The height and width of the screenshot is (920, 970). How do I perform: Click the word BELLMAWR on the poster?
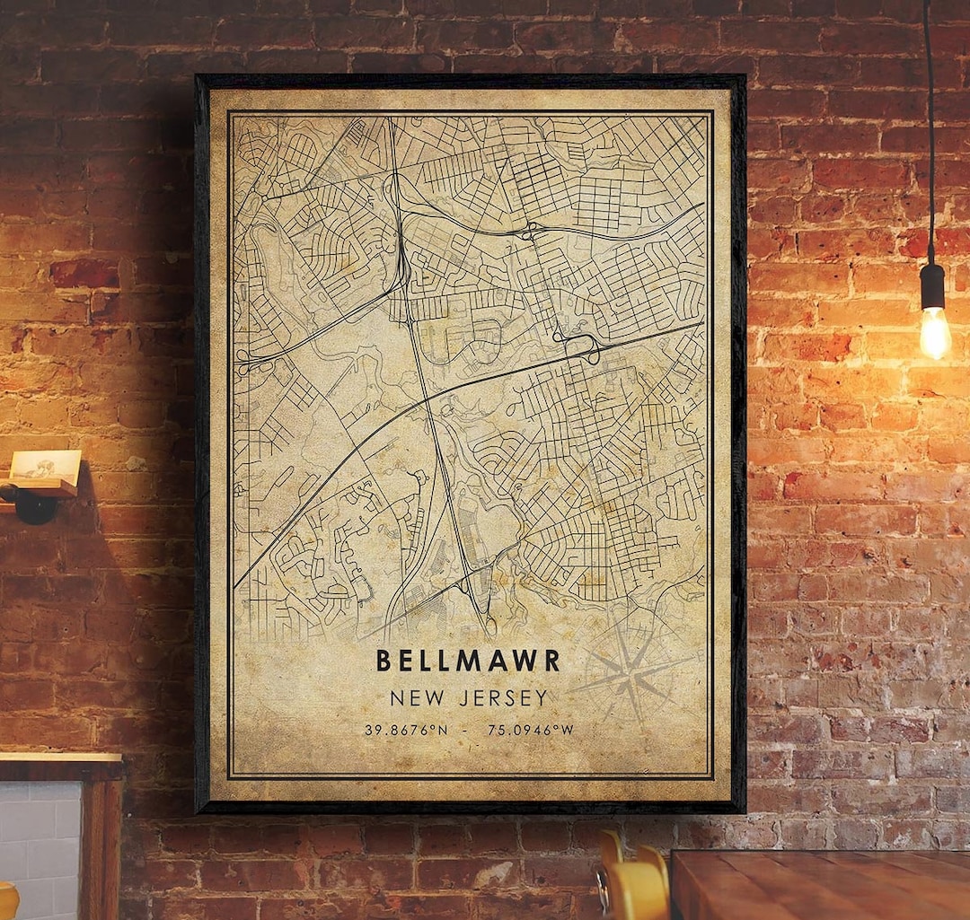click(468, 661)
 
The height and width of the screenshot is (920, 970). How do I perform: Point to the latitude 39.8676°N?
click(406, 730)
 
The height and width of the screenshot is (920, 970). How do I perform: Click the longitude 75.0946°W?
click(530, 730)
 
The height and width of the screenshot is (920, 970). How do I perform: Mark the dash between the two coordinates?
click(467, 730)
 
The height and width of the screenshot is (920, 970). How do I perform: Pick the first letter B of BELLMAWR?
click(384, 661)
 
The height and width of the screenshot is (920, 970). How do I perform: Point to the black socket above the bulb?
click(932, 285)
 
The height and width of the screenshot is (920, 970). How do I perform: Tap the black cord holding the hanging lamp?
click(928, 135)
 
